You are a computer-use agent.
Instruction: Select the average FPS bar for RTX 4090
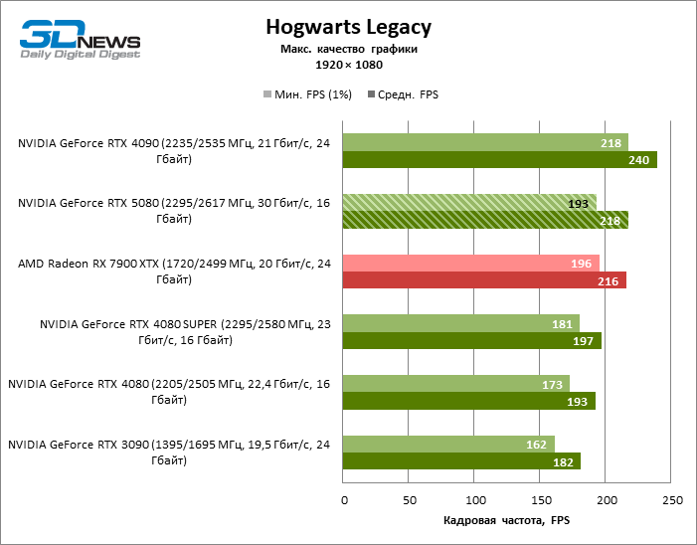point(499,159)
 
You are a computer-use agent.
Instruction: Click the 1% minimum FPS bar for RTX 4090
point(485,142)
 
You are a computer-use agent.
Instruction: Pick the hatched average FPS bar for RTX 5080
point(485,220)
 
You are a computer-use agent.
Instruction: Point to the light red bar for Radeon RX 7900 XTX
point(470,263)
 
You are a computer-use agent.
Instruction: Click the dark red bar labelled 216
point(484,280)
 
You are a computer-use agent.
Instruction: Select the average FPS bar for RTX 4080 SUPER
point(471,341)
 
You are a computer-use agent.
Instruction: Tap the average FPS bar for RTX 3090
point(461,461)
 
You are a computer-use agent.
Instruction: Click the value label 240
point(640,159)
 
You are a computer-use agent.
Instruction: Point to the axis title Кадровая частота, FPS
point(506,521)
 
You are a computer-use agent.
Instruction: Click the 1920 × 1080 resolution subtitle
point(349,65)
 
